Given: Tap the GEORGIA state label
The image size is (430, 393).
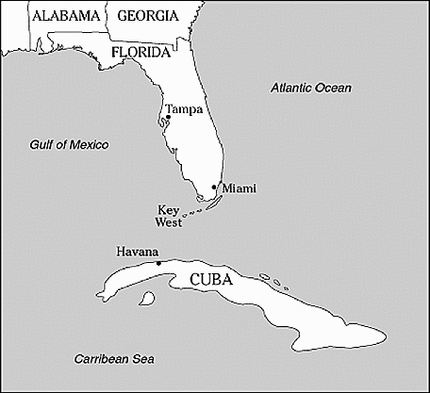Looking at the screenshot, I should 146,16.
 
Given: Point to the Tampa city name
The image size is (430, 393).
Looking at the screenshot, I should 184,109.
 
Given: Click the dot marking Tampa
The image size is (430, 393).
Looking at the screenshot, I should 168,118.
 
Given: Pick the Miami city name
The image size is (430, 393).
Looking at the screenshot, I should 238,189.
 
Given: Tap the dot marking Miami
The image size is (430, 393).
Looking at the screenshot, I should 215,188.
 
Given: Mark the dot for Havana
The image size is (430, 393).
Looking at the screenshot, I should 158,263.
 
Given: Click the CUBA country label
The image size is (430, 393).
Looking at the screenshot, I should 212,280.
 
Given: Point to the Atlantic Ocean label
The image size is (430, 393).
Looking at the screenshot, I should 310,88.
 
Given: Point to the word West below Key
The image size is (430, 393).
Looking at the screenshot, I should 169,221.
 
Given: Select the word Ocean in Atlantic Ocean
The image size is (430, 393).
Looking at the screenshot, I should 333,88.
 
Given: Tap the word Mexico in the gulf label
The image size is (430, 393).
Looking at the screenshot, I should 87,144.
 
